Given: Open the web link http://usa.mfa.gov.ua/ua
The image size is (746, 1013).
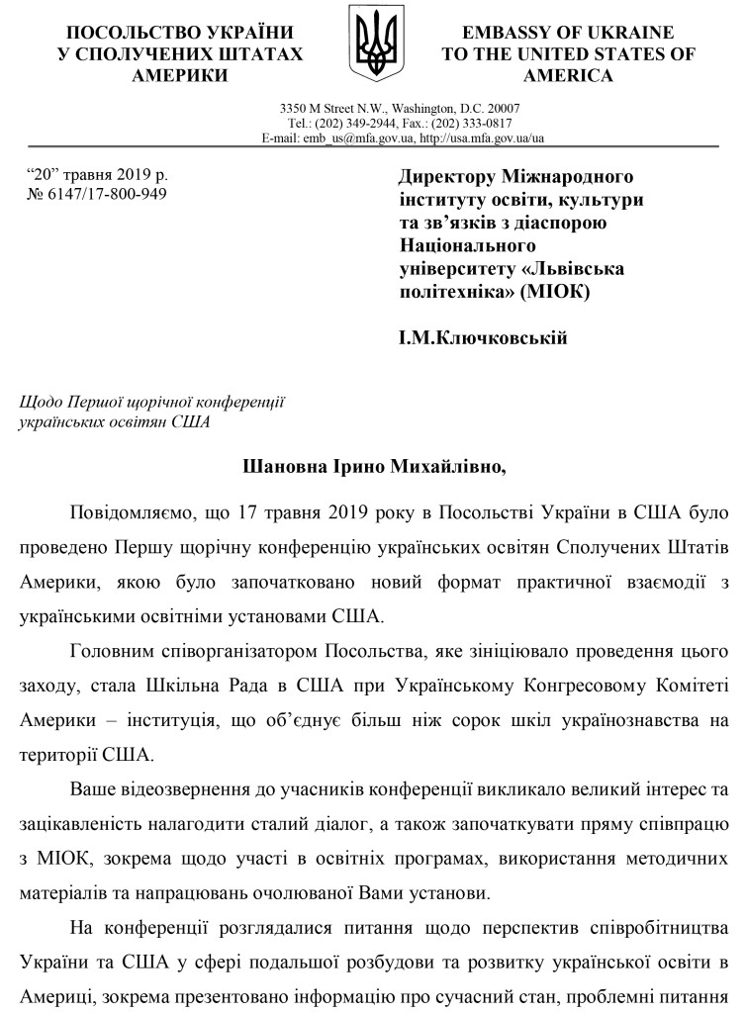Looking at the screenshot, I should (x=482, y=138).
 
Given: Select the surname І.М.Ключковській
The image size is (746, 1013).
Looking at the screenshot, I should (x=482, y=339).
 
